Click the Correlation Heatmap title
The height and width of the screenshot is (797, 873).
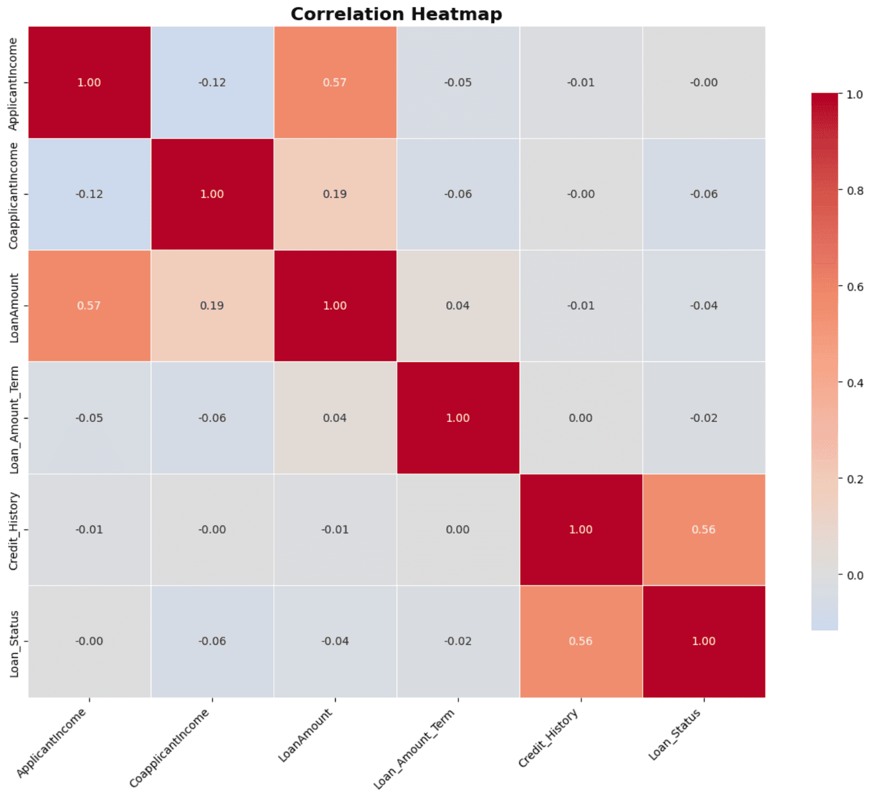[x=396, y=14]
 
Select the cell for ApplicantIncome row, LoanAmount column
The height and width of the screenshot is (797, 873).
[x=335, y=82]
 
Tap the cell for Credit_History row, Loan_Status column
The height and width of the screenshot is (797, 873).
[x=703, y=530]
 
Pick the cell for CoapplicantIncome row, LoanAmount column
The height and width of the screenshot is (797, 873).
[x=335, y=194]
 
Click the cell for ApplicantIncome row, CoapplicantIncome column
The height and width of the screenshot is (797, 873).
[x=212, y=82]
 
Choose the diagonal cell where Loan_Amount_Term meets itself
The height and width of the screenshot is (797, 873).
[x=458, y=418]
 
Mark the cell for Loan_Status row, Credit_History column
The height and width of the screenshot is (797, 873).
[x=581, y=641]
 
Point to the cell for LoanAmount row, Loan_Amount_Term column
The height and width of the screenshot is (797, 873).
[x=458, y=306]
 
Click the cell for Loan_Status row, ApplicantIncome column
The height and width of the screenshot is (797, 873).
[x=89, y=641]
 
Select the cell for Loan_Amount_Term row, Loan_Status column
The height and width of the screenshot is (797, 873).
[x=703, y=418]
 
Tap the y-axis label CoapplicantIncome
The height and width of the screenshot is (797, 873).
[x=13, y=195]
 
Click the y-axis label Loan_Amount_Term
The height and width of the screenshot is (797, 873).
[x=14, y=419]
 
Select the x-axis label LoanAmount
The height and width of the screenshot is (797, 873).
[x=305, y=736]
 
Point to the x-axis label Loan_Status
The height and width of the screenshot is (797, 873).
[x=675, y=735]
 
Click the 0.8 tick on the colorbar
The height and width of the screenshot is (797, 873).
[x=855, y=191]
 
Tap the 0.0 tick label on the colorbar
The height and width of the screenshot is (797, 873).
[x=855, y=575]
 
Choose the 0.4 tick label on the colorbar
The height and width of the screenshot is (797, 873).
[x=855, y=383]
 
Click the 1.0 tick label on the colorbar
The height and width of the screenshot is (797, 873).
[x=855, y=94]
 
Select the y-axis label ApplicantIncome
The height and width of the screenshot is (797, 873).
[x=13, y=84]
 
